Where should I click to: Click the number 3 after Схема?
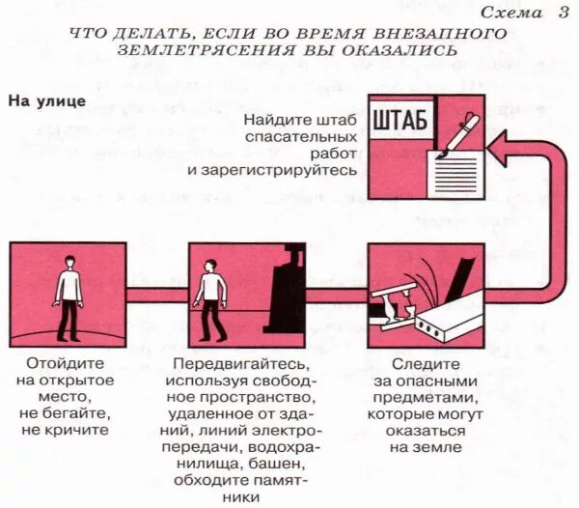[x=563, y=13]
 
